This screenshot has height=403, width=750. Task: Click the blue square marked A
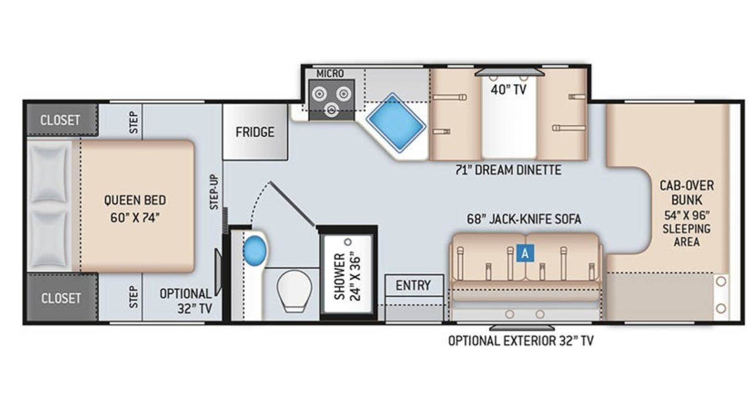(525, 253)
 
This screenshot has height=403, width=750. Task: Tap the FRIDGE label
(255, 132)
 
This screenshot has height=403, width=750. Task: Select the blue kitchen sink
(396, 123)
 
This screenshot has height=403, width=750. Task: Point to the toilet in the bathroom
(294, 291)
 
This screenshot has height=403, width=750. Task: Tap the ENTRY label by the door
(413, 285)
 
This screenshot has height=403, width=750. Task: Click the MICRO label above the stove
(330, 73)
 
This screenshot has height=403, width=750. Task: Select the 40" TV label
(509, 89)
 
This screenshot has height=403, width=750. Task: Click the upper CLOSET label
(60, 120)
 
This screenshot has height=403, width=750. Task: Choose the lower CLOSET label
(61, 298)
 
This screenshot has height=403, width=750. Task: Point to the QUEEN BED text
(135, 200)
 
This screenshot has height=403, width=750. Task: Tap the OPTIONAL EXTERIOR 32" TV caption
(521, 341)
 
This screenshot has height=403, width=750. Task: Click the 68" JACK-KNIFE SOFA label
(524, 219)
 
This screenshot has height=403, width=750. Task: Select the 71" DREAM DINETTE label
(508, 170)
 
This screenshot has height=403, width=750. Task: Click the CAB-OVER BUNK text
(687, 192)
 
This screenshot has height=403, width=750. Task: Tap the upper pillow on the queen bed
(49, 174)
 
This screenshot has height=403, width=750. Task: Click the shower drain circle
(348, 242)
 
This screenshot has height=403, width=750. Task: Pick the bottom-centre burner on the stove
(332, 109)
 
